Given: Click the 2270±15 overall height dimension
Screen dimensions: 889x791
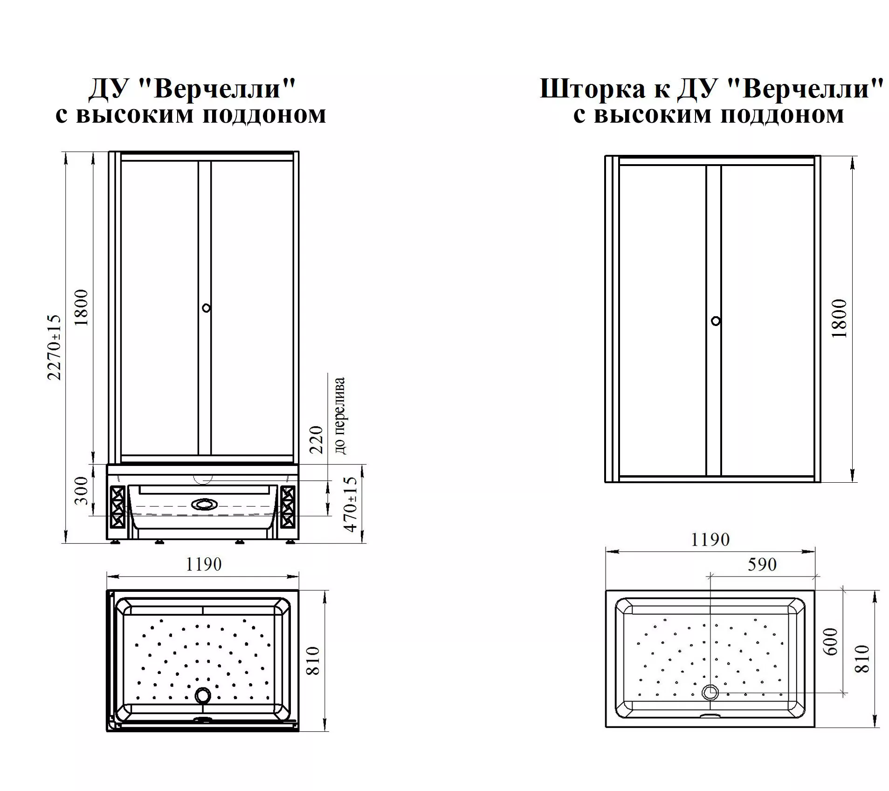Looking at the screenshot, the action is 55,347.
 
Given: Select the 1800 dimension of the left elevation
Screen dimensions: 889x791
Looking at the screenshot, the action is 81,308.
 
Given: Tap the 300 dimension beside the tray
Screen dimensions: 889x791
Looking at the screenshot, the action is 81,490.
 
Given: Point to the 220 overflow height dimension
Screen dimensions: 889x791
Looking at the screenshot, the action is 316,439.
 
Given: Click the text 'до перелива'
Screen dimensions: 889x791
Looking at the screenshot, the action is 340,416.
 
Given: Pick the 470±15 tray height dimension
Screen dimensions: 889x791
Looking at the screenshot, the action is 350,504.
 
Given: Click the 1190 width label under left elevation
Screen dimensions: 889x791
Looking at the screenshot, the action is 204,564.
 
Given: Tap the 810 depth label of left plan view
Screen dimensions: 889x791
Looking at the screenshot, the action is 313,660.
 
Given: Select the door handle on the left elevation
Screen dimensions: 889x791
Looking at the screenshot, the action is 206,308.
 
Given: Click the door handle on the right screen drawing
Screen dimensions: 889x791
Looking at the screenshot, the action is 716,321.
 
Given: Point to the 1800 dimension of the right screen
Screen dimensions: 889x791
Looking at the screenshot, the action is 839,318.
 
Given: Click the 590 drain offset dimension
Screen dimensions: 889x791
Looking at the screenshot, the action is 762,564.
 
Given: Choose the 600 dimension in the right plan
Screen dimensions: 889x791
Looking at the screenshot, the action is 831,642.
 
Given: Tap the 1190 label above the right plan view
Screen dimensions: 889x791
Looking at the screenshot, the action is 710,540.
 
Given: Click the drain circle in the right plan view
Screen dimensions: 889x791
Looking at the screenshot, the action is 710,692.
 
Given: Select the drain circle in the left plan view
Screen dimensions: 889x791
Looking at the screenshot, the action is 203,695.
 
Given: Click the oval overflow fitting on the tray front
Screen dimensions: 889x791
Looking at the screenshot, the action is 203,504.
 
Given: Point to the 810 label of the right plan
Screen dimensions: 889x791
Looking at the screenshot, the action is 862,659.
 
